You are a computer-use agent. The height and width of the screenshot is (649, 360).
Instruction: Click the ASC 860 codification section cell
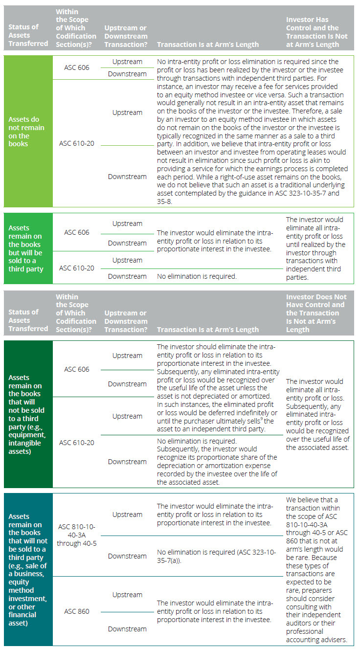[x=77, y=611]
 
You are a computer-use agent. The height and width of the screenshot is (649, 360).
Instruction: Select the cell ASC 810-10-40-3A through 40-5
[x=77, y=535]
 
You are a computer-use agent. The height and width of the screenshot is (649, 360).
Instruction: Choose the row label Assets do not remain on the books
[x=24, y=132]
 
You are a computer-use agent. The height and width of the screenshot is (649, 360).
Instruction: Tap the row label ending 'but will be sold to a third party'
[x=25, y=248]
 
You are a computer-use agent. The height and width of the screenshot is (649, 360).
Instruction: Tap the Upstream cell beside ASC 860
[x=127, y=595]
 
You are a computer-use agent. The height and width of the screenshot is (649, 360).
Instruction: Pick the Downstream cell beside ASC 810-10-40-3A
[x=127, y=556]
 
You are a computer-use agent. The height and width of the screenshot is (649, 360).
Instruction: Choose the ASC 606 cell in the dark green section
[x=77, y=369]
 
